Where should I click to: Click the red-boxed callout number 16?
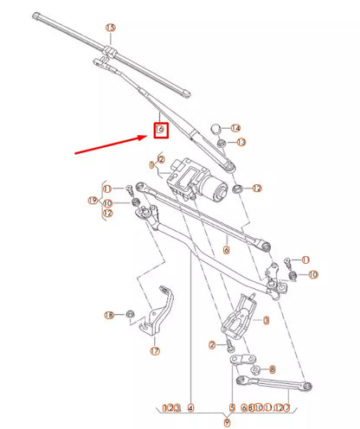point(159,130)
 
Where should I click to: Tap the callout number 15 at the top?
point(110,28)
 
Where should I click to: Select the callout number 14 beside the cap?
point(236,128)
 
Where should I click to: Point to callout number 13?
point(241,142)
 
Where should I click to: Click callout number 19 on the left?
point(92,201)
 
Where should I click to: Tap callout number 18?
point(109,315)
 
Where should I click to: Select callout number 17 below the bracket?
point(155,351)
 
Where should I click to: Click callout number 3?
point(266,320)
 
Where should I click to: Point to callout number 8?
point(272,368)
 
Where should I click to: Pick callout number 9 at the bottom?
point(228,422)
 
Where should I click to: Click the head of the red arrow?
point(145,135)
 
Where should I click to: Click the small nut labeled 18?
point(130,314)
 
